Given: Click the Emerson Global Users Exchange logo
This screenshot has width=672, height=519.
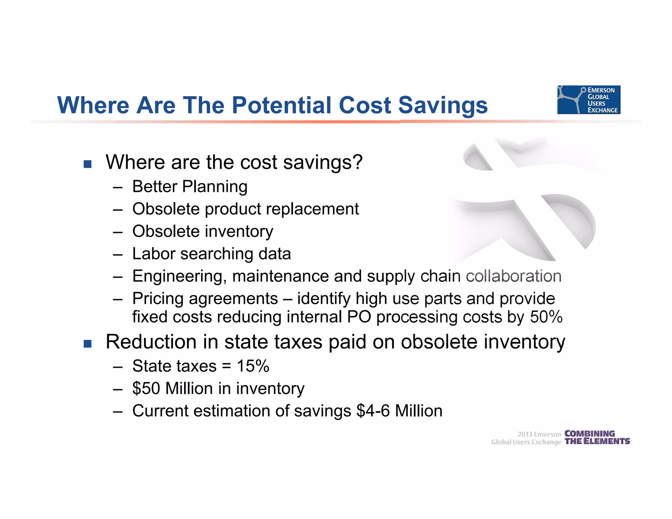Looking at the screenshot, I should [x=589, y=100].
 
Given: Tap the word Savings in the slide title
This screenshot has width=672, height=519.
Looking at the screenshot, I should [x=443, y=106].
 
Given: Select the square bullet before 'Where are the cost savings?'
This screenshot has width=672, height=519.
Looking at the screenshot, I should [x=88, y=164].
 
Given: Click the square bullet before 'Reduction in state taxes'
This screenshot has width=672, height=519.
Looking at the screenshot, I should [x=88, y=343].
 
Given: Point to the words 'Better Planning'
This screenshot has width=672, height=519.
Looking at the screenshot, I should [x=190, y=187].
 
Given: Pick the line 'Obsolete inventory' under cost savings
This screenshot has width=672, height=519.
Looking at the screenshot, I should [x=202, y=232].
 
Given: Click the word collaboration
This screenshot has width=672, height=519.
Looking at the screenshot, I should [x=514, y=276].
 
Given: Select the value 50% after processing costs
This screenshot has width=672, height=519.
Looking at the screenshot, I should [x=546, y=317].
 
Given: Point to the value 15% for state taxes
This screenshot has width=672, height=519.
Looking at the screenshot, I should [x=253, y=366].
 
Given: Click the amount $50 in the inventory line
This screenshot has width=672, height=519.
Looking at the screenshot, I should [x=146, y=388].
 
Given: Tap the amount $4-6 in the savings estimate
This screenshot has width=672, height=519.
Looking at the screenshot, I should [x=373, y=411].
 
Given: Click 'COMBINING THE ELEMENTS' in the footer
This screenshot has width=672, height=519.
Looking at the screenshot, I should [x=597, y=438].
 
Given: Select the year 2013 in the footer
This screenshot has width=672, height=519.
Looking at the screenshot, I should [x=525, y=434].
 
